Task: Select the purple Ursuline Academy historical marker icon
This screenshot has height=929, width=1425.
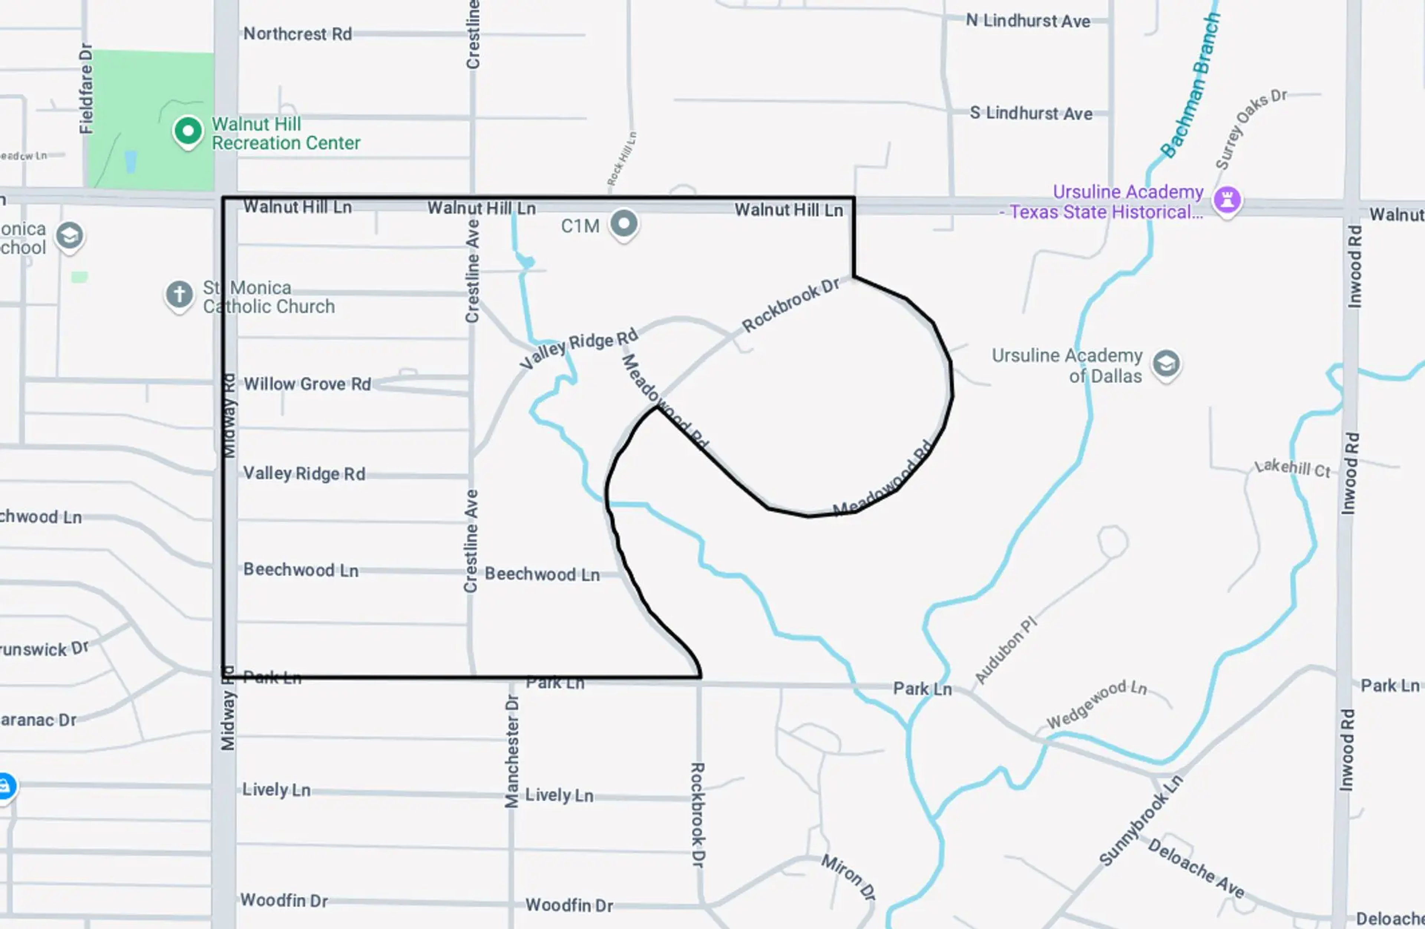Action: click(1227, 200)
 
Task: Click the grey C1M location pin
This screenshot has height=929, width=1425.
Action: click(624, 224)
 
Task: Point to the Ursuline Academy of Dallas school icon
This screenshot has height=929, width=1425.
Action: click(1166, 363)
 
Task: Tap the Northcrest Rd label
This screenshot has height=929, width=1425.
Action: click(298, 34)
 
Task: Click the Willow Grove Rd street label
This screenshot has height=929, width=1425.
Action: click(307, 384)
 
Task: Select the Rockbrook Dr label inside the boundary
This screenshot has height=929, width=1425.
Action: click(790, 305)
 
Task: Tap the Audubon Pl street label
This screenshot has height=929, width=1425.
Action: click(1006, 650)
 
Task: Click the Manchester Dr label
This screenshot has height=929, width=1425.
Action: click(512, 751)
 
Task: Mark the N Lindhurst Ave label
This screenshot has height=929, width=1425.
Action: click(1028, 21)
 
